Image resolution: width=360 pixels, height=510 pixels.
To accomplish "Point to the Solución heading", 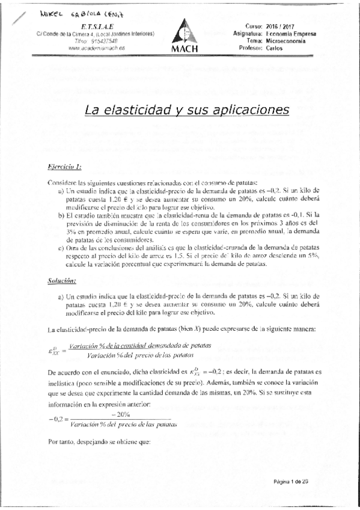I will click(62, 281).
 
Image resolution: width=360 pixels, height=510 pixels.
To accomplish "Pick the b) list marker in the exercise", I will click(63, 214).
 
